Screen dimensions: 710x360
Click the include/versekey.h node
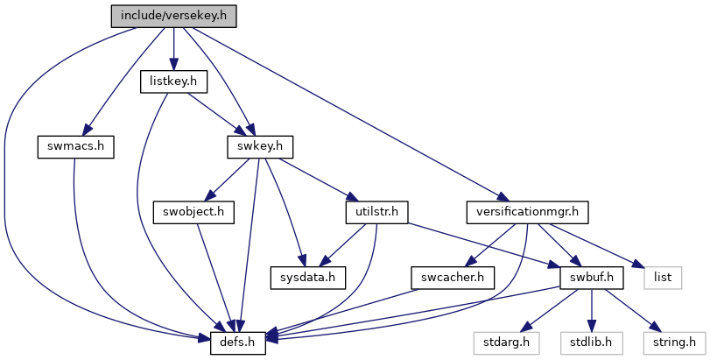(x=174, y=16)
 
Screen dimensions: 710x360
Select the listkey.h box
(x=173, y=81)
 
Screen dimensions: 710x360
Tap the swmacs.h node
(x=75, y=147)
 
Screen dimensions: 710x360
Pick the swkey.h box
(x=260, y=147)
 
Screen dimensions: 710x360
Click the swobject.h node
(x=193, y=212)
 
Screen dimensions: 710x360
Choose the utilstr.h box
(x=376, y=212)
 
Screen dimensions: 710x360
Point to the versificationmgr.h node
(x=528, y=212)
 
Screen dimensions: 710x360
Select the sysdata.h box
(x=308, y=277)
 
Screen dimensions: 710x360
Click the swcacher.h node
(x=453, y=277)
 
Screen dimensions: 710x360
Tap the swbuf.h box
(x=591, y=277)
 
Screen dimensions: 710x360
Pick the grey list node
(x=663, y=277)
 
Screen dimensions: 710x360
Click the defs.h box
(x=238, y=342)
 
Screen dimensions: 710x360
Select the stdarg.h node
(x=506, y=342)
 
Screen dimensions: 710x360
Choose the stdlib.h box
(x=591, y=342)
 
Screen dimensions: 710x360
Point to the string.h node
(x=674, y=342)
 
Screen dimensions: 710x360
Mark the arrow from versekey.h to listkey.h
(x=173, y=49)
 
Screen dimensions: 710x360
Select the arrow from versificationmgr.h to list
(x=594, y=244)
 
